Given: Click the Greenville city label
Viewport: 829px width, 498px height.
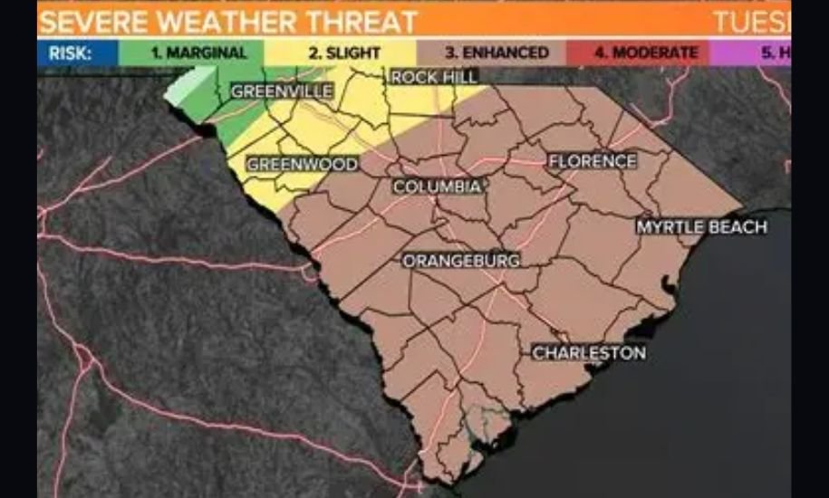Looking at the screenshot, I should pyautogui.click(x=282, y=91).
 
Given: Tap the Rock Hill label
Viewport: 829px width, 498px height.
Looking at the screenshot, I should pyautogui.click(x=435, y=78).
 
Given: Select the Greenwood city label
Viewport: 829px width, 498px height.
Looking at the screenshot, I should pyautogui.click(x=303, y=165).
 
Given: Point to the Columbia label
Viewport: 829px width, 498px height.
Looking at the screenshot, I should pyautogui.click(x=437, y=187).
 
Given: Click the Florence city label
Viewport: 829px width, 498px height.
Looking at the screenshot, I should pyautogui.click(x=593, y=161).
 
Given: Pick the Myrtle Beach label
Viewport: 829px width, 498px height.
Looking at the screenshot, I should pyautogui.click(x=701, y=227).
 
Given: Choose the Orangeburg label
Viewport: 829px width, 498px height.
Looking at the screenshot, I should pyautogui.click(x=461, y=261).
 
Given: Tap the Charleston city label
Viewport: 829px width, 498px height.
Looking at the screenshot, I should pyautogui.click(x=589, y=352).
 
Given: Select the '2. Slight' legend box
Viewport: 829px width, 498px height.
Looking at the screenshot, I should pyautogui.click(x=343, y=53).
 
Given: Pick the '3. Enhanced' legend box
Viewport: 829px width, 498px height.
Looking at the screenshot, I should pyautogui.click(x=496, y=53).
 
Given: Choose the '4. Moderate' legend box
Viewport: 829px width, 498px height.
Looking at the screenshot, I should pyautogui.click(x=646, y=53).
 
